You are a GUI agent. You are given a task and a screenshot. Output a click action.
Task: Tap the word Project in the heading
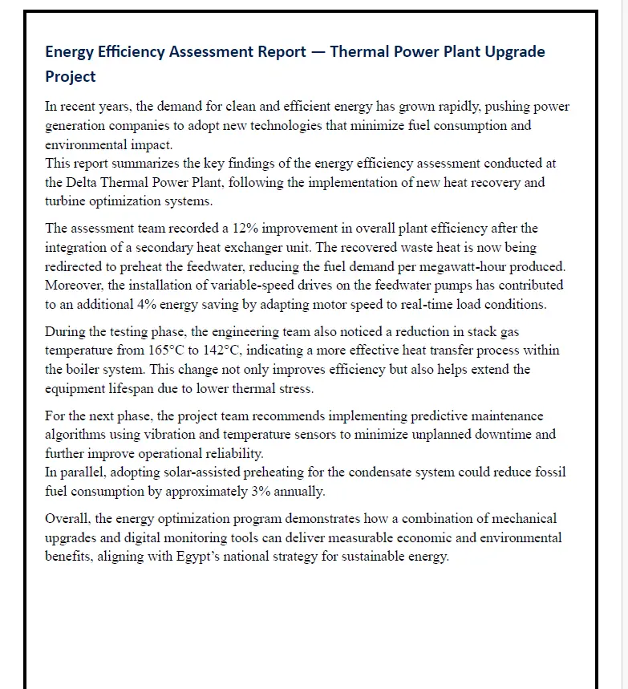coord(71,77)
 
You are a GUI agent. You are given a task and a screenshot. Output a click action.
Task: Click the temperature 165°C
coord(168,351)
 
